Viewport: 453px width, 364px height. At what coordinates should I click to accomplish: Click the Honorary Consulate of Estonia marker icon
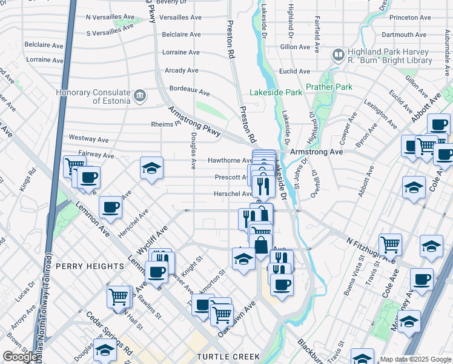pyautogui.click(x=140, y=96)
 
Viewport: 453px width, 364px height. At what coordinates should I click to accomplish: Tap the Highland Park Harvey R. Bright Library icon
pyautogui.click(x=338, y=55)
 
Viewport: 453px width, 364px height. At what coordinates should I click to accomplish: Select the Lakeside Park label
pyautogui.click(x=276, y=93)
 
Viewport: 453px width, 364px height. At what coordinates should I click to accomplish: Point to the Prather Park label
pyautogui.click(x=329, y=87)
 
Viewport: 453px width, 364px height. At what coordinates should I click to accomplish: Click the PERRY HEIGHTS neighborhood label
pyautogui.click(x=90, y=266)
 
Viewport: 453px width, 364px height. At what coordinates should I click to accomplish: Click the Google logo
pyautogui.click(x=20, y=357)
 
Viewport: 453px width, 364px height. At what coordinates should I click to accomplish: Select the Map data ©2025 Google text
pyautogui.click(x=415, y=359)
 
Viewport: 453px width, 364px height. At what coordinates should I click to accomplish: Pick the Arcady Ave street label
pyautogui.click(x=182, y=70)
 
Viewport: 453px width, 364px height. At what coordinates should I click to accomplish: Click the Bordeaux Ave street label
pyautogui.click(x=190, y=91)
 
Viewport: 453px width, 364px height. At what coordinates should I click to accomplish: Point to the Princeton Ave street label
pyautogui.click(x=409, y=18)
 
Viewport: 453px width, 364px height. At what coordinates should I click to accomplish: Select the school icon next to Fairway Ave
pyautogui.click(x=151, y=169)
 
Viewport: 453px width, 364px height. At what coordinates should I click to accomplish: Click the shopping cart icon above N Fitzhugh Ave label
pyautogui.click(x=390, y=244)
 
